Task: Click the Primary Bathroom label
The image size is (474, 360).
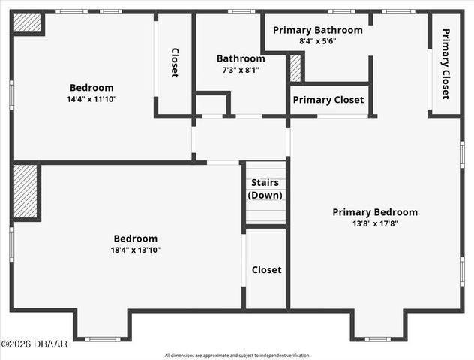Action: coord(317,31)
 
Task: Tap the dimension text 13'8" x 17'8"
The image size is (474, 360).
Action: coord(375,223)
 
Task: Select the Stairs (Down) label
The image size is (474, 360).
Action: coord(265,189)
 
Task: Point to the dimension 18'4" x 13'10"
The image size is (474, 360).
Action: coord(136,250)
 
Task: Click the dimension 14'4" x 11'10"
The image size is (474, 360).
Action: coord(91,98)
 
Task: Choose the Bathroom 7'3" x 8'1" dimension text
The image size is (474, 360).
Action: coord(241,70)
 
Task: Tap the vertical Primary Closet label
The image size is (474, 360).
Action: coord(445,64)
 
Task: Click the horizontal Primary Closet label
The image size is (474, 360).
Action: coord(328,100)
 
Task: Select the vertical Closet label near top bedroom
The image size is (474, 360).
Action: coord(175,63)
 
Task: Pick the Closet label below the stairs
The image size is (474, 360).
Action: coord(266,270)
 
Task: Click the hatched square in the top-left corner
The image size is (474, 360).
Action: coord(28,23)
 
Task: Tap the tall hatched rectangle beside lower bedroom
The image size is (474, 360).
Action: coord(25,191)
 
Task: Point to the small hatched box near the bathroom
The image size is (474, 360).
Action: coord(295,68)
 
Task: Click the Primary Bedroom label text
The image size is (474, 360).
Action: coord(375,212)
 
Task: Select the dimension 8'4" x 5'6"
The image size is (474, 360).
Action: coord(317,41)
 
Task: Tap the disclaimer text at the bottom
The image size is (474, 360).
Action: coord(237,355)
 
